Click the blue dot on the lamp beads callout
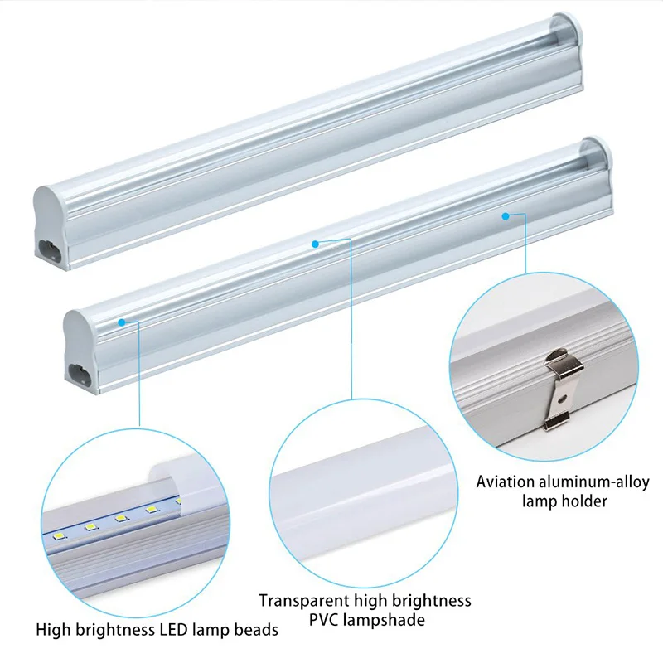click(x=122, y=322)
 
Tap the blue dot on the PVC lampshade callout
click(x=315, y=244)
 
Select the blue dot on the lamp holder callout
click(x=506, y=216)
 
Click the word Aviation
click(x=500, y=482)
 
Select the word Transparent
click(x=304, y=601)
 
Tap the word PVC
click(x=324, y=620)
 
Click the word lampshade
click(x=384, y=621)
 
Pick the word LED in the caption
click(x=174, y=630)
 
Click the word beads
click(x=256, y=630)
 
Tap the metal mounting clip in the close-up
click(x=562, y=389)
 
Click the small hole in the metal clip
click(x=562, y=399)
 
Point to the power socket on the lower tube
click(x=80, y=374)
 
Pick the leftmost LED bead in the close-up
click(x=58, y=537)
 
